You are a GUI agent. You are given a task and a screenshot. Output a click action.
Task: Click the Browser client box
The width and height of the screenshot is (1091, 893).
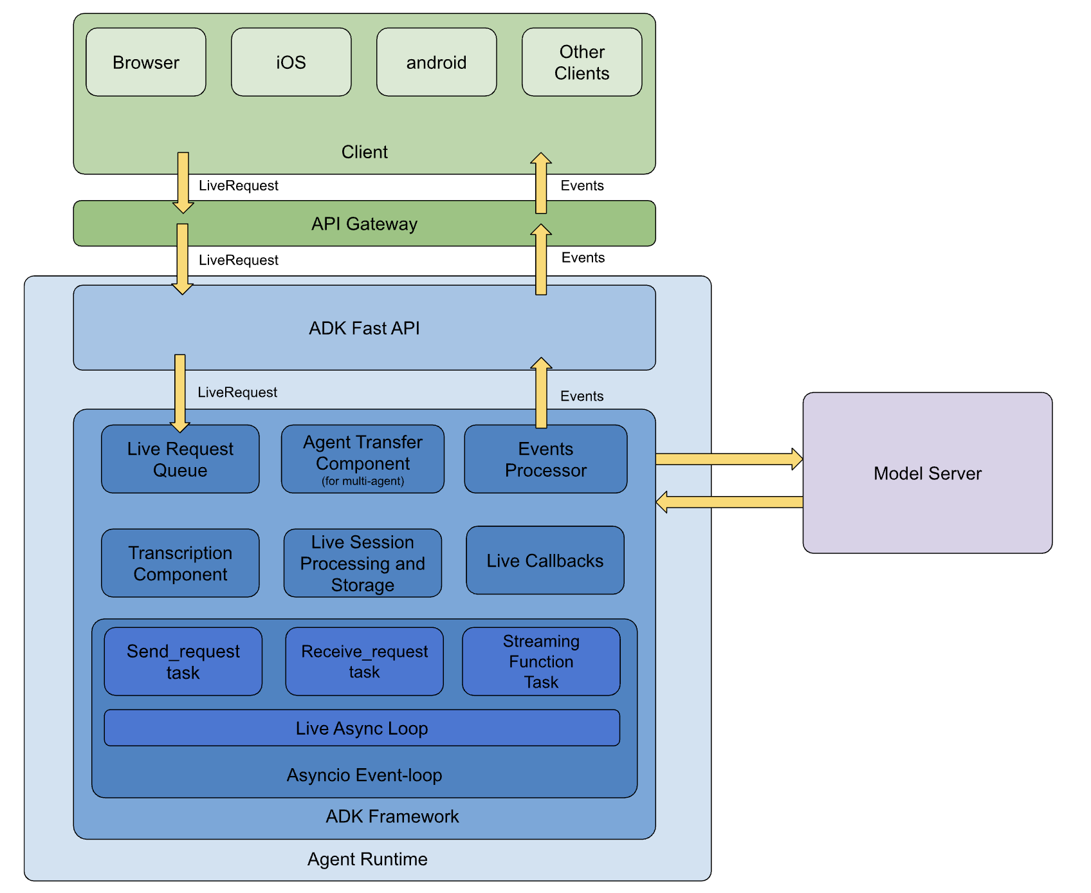pos(146,62)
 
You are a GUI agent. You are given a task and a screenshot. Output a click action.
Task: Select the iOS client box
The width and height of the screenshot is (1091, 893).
pos(291,62)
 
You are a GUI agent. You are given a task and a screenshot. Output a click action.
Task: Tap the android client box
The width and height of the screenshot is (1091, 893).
pos(436,62)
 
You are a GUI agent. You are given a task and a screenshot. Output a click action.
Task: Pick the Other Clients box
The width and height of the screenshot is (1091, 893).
pos(582,62)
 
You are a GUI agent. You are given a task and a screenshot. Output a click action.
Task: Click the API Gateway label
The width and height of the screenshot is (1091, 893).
pos(364,224)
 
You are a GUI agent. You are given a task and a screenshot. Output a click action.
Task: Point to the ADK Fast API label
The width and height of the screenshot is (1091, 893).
pos(364,328)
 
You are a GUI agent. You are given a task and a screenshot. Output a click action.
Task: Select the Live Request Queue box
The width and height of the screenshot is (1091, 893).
pos(180,459)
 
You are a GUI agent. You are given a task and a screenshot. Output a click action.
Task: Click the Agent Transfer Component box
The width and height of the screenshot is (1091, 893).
pos(363,459)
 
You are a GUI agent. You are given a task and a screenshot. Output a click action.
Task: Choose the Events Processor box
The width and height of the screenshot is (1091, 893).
pos(545,459)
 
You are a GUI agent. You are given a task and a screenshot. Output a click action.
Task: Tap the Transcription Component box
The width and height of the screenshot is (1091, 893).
pos(180,563)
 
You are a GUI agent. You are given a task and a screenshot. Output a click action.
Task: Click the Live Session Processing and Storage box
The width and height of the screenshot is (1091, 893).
pos(363,563)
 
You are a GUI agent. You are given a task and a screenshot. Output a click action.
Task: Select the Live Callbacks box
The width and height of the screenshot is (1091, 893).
pos(545,560)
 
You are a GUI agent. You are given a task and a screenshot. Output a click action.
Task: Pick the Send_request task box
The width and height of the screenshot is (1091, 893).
pos(183,661)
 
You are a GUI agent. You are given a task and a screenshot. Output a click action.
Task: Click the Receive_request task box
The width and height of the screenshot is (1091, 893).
pos(364,661)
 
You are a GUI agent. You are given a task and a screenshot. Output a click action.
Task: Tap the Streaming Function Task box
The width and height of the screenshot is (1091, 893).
pos(541,661)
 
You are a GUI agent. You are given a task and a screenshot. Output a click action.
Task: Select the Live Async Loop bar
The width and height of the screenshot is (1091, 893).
pos(362,728)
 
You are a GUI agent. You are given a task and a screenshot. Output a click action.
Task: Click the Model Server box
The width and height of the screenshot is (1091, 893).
pos(927,473)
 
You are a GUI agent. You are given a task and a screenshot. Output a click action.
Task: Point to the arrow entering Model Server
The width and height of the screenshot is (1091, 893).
pos(729,459)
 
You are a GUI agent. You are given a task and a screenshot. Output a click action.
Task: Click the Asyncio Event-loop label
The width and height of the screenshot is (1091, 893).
pos(364,775)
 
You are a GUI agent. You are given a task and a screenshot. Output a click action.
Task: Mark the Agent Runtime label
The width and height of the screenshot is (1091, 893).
pos(367,859)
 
